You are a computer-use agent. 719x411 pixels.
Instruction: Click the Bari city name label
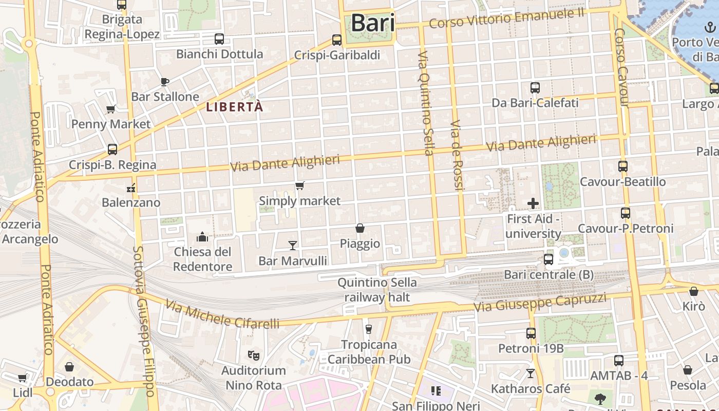(x=372, y=23)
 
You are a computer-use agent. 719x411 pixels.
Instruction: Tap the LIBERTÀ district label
(x=234, y=107)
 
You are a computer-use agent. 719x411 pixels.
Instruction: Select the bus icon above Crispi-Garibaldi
(x=337, y=40)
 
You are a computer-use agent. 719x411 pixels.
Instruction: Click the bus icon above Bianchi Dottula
(x=219, y=39)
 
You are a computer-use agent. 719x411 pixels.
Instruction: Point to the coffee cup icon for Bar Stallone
(x=165, y=82)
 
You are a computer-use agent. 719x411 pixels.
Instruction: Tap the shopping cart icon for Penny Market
(x=110, y=109)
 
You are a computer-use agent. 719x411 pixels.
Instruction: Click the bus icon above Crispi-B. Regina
(x=112, y=150)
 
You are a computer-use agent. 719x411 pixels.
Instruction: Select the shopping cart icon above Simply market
(x=299, y=185)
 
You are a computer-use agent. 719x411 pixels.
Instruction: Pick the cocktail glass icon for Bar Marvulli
(x=293, y=246)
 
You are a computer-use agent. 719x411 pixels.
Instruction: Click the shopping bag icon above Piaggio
(x=360, y=228)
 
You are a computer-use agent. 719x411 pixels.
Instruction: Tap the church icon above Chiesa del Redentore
(x=202, y=237)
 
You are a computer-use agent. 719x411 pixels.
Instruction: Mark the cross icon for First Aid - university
(x=533, y=203)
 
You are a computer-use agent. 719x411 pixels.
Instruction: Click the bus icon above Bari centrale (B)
(x=548, y=259)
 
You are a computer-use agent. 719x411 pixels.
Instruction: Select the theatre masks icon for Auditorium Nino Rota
(x=253, y=355)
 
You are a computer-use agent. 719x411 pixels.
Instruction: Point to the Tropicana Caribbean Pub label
(x=369, y=351)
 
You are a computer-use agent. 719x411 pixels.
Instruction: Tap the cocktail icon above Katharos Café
(x=531, y=373)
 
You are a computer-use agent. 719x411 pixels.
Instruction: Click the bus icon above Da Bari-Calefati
(x=535, y=87)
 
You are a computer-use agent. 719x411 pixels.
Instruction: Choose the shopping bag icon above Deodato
(x=69, y=367)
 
